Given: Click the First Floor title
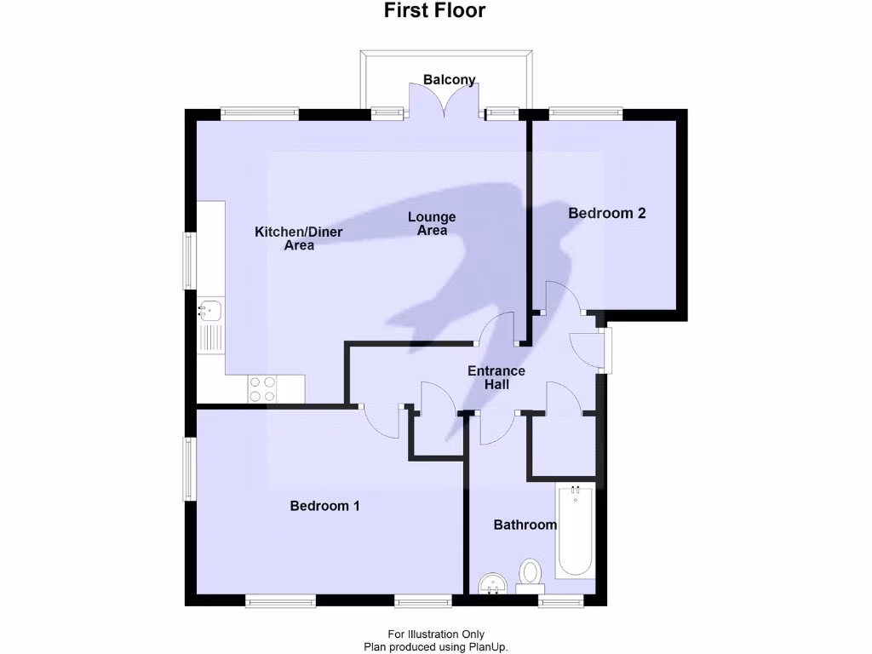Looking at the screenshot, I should (434, 11).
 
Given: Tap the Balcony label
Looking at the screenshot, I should (450, 80).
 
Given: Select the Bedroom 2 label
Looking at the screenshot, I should (607, 213).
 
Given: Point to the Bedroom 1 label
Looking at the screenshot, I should (324, 506).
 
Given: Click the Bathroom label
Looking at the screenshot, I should (525, 525).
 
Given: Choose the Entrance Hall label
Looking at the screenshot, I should (496, 378).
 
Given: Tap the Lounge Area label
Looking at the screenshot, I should (432, 223).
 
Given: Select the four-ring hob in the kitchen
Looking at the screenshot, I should (262, 388).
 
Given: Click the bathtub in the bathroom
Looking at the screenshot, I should (575, 530).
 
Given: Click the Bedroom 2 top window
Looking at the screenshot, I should (585, 111).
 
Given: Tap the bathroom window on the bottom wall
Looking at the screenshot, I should (561, 601).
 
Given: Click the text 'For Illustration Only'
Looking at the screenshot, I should (436, 634).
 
